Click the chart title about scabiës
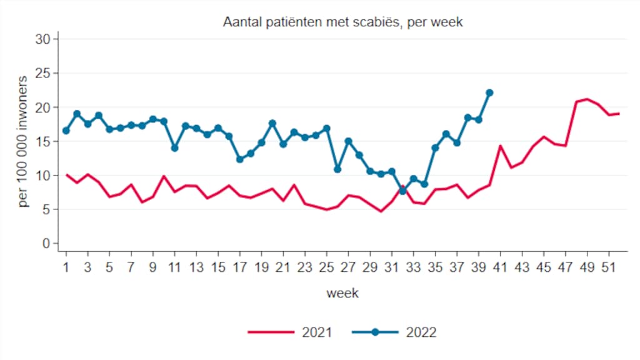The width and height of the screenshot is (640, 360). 342,22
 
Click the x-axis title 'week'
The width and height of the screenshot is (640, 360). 342,293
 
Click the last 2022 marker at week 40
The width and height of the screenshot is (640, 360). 489,92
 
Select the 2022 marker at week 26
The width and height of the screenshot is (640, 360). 337,169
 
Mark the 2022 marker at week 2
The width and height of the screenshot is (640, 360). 77,114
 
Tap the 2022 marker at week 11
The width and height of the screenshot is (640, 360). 174,148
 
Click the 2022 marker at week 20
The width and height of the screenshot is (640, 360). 272,123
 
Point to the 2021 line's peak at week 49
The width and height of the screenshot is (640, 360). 587,99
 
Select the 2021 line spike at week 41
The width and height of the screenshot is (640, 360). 500,146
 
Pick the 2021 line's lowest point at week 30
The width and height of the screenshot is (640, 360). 381,211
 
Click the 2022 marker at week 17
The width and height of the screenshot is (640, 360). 240,159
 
